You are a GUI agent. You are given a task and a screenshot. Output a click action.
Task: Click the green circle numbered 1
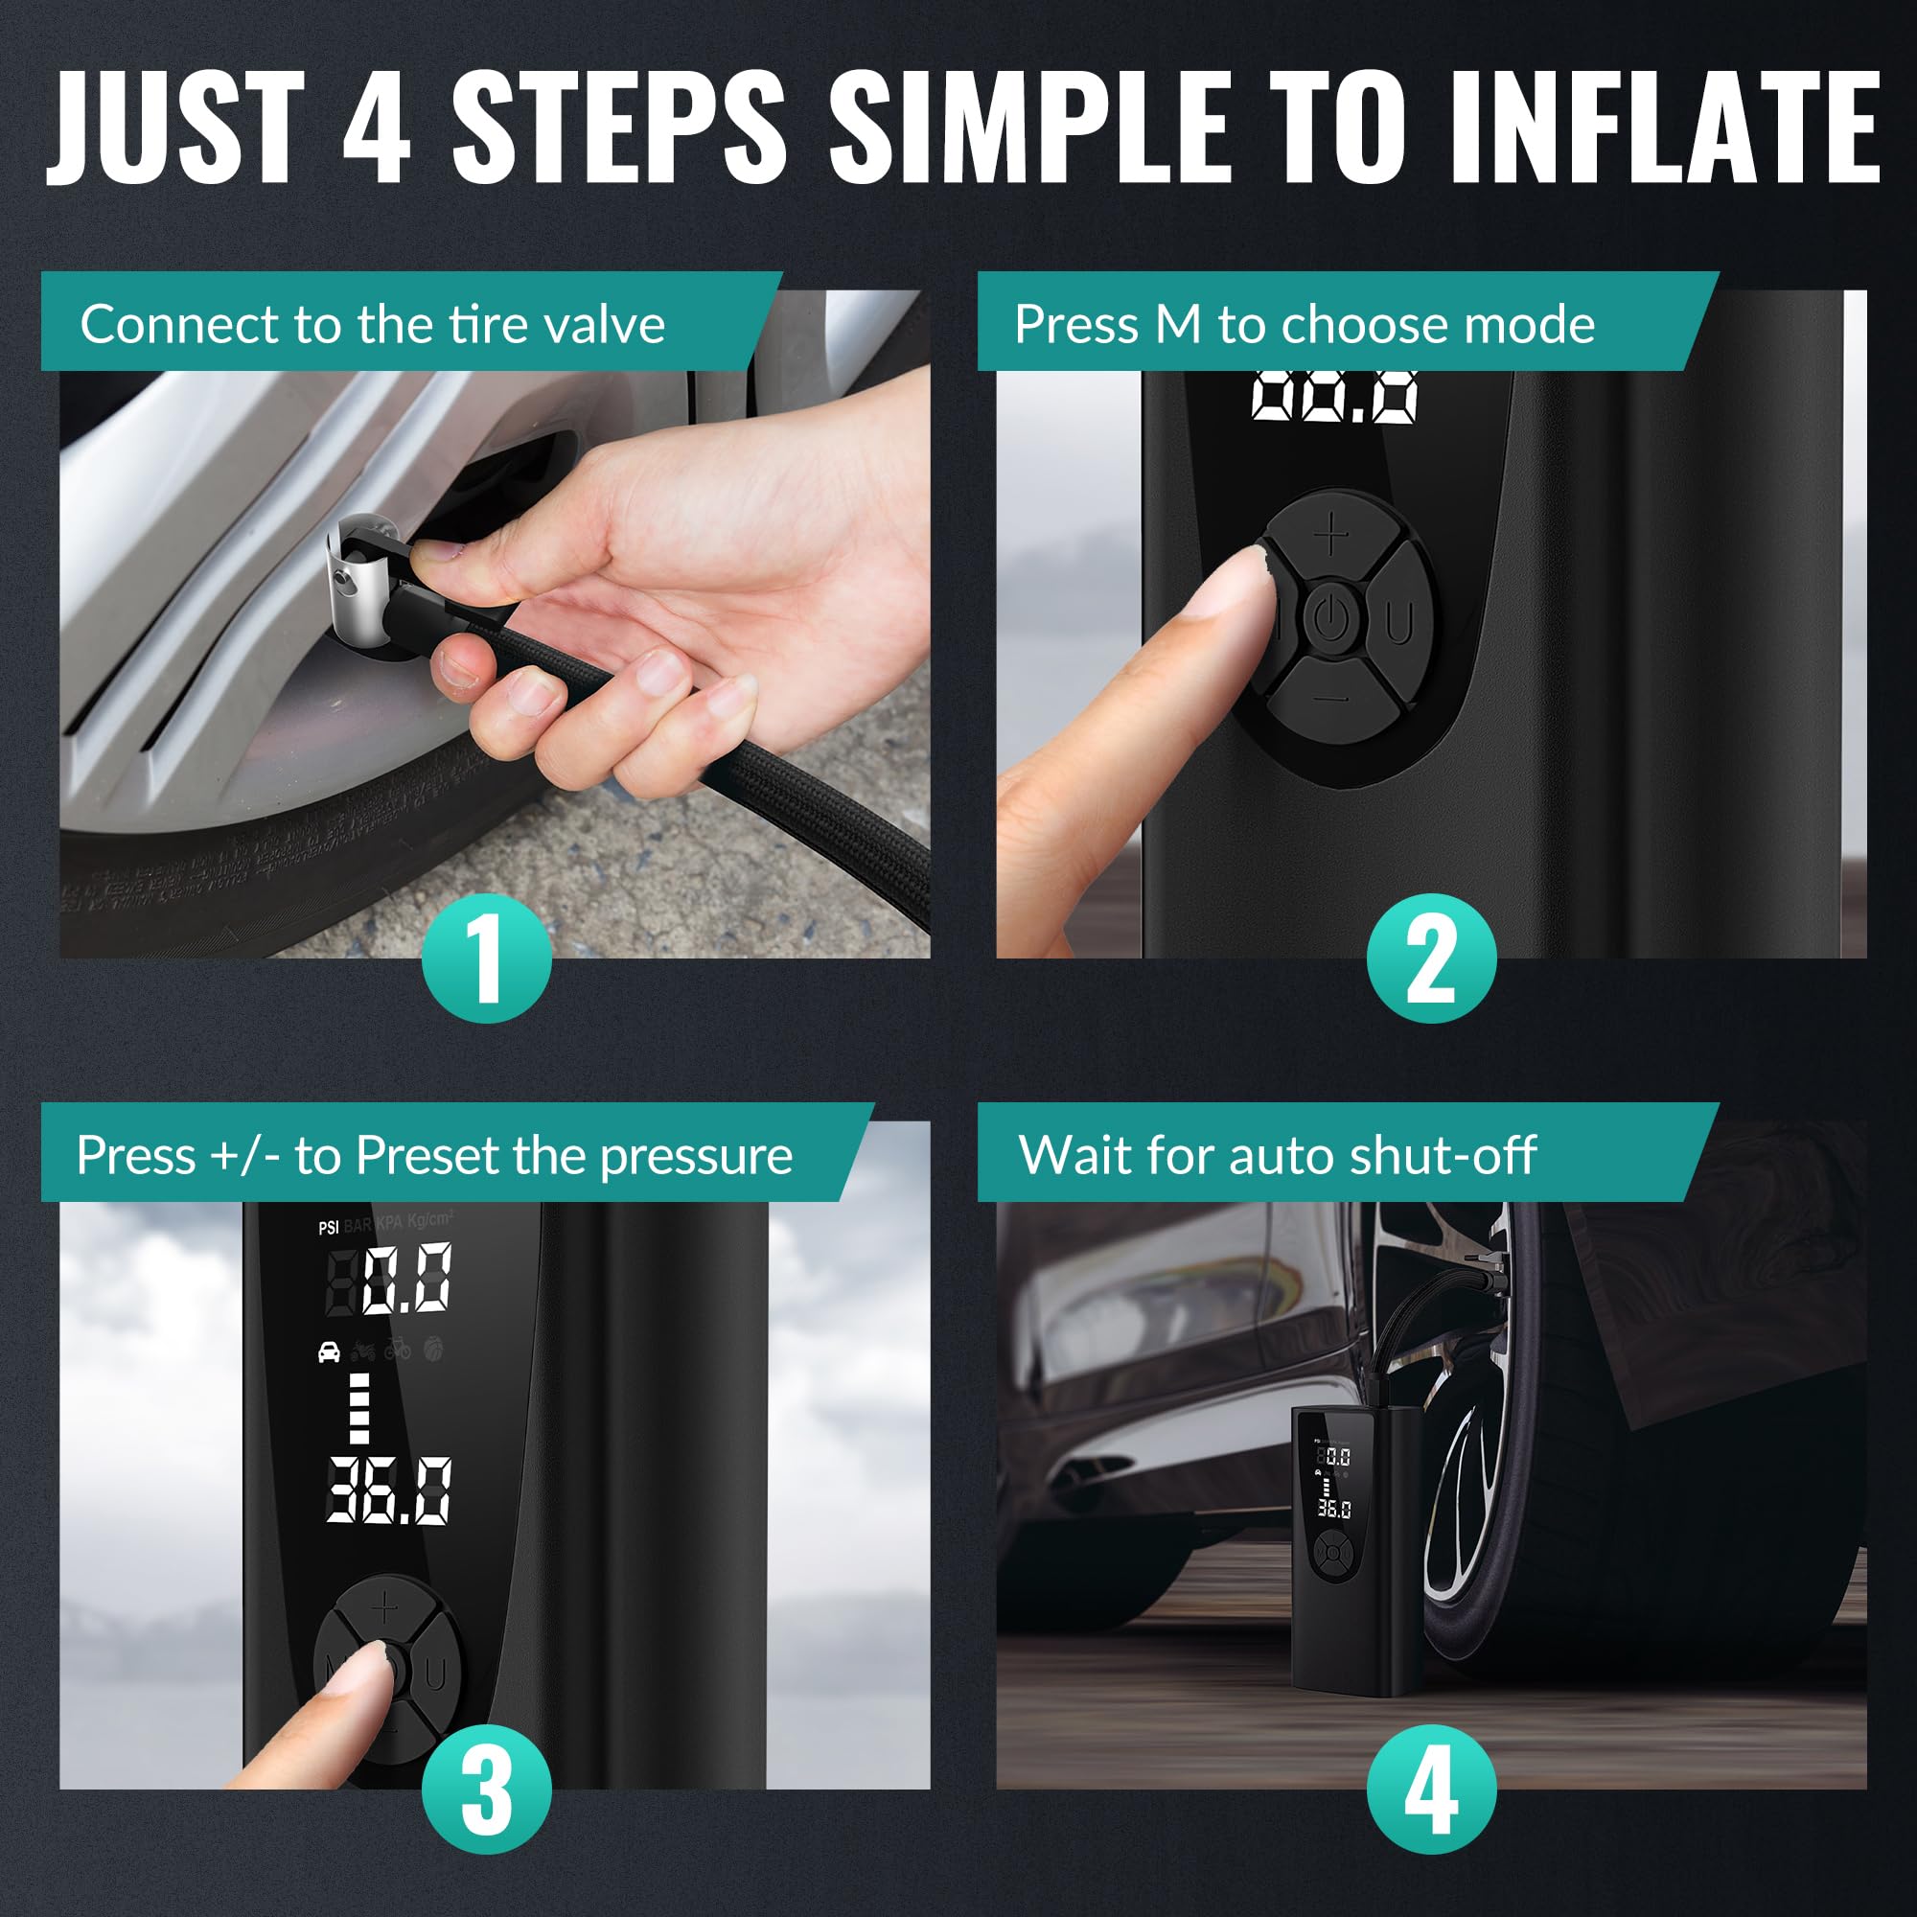[x=486, y=958]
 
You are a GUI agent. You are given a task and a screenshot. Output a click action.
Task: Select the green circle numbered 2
[x=1431, y=958]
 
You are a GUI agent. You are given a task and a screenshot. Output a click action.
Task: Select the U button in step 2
[x=1399, y=623]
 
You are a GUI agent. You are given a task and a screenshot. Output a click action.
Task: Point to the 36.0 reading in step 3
[x=389, y=1490]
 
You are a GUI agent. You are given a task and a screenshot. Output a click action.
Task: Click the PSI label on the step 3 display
[x=329, y=1228]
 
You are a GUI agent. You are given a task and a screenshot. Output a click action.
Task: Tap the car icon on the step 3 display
[x=330, y=1351]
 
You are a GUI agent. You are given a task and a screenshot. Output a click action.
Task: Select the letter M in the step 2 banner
[x=1178, y=325]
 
